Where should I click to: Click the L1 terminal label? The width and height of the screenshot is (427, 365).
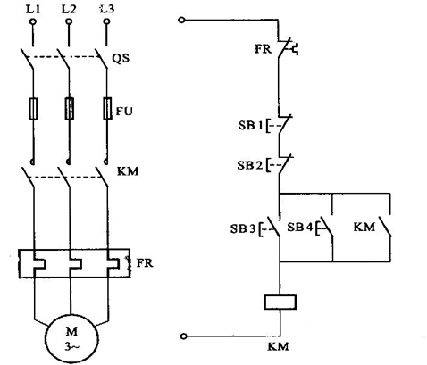33,10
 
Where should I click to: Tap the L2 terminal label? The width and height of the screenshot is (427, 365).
69,10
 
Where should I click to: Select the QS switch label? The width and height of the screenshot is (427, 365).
121,58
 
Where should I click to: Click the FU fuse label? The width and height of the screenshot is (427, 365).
124,111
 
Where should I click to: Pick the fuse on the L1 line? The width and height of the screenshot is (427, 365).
33,109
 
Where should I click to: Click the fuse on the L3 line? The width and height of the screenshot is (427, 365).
107,108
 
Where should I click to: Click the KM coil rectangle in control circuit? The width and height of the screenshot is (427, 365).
280,303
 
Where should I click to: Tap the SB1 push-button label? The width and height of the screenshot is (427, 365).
251,125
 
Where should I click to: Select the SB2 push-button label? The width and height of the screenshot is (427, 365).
250,165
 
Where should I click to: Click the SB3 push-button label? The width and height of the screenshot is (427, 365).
243,228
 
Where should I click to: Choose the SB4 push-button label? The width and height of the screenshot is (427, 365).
300,228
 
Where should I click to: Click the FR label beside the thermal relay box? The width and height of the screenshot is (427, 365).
145,263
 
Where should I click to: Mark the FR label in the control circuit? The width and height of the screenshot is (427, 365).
263,49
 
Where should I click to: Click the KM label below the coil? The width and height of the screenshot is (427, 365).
279,346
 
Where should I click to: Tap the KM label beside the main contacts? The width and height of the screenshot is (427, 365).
128,171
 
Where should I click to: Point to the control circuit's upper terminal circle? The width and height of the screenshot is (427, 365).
181,21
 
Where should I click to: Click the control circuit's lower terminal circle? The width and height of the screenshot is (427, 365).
184,336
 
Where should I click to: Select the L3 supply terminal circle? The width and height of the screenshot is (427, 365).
107,21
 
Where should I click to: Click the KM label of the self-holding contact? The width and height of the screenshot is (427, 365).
364,228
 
